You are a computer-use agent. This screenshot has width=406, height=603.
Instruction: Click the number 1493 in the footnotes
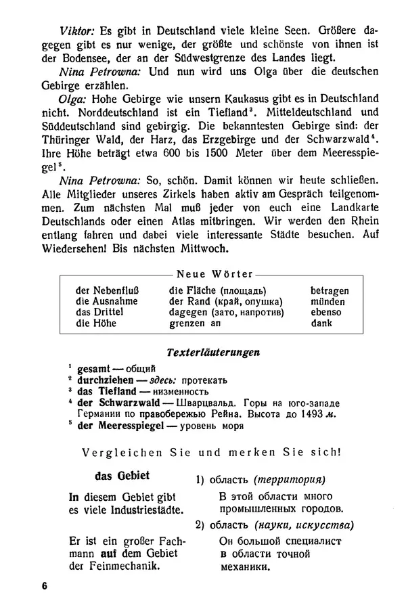311,414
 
